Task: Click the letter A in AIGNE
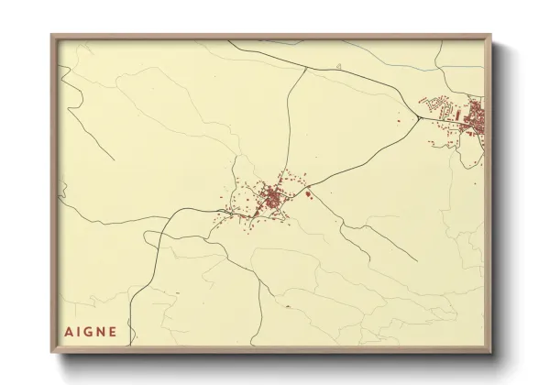click(68, 332)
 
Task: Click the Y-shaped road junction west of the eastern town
click(419, 117)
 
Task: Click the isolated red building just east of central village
click(309, 192)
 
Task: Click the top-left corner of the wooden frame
click(52, 36)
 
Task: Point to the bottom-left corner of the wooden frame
click(52, 351)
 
